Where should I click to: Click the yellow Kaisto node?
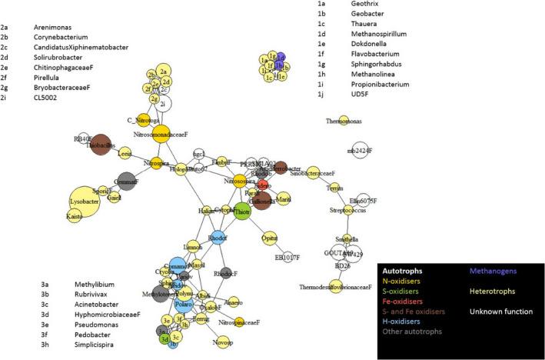click(x=75, y=217)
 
